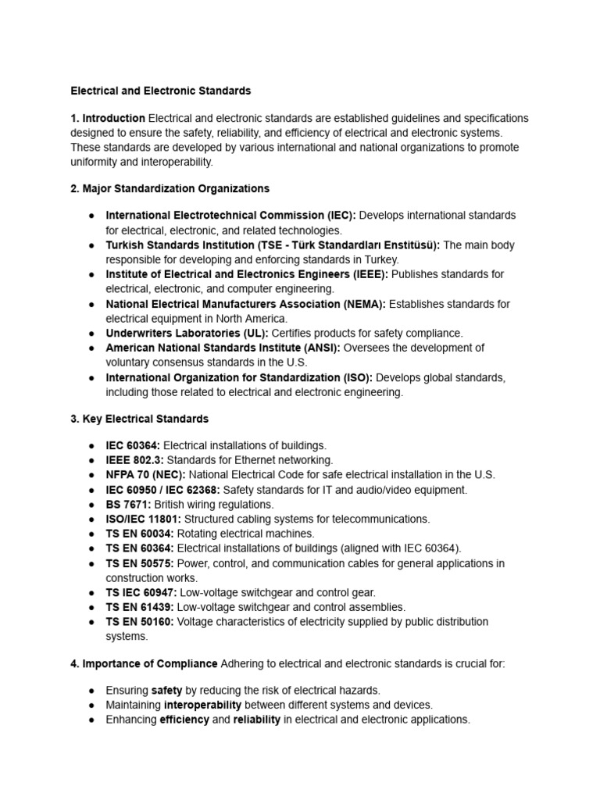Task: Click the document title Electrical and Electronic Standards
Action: (161, 91)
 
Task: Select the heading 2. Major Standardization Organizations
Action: (170, 188)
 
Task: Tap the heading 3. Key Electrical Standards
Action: (139, 419)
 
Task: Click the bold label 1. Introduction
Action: (108, 119)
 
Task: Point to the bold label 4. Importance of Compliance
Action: (144, 663)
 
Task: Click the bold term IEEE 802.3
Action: (134, 460)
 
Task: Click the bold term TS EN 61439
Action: (141, 607)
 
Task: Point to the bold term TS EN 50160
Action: (141, 622)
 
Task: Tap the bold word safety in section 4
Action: (166, 691)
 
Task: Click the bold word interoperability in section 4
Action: (202, 705)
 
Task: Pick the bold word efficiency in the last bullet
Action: (184, 720)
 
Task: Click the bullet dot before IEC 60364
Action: (92, 445)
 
